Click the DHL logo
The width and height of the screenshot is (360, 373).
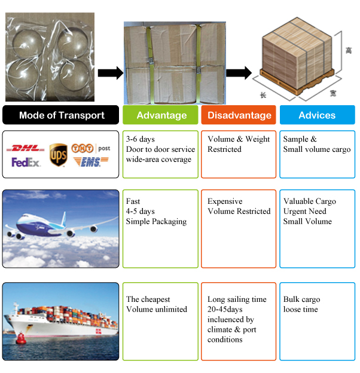(25, 148)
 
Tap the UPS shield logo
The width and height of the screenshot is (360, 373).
(58, 154)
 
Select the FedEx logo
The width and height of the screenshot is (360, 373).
(26, 162)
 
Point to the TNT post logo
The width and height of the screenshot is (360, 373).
(90, 147)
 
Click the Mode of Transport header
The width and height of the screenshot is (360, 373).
(62, 115)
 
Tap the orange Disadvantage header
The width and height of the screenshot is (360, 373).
(239, 115)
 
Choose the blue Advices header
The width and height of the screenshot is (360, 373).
(317, 115)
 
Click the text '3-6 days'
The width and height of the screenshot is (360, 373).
(141, 139)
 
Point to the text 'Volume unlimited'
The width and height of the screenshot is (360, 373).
(157, 309)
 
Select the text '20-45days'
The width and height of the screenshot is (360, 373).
(225, 310)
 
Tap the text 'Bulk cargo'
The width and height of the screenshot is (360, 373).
(301, 299)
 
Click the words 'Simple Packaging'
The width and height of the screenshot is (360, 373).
(156, 221)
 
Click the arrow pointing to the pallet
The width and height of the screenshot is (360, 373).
(239, 73)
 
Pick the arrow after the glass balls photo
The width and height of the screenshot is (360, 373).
(110, 73)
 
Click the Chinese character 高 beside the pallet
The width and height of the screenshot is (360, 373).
(349, 51)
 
